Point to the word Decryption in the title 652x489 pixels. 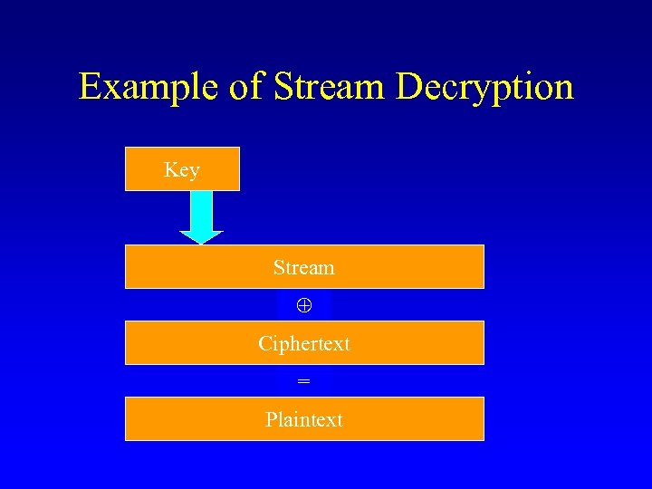coord(484,88)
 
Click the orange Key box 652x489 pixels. coord(182,169)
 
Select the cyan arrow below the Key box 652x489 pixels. coord(201,216)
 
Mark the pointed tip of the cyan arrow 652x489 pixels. coord(201,242)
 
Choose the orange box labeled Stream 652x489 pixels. coord(304,267)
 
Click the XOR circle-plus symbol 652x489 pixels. coord(304,305)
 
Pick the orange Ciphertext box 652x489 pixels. coord(304,343)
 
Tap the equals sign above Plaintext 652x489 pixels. coord(304,382)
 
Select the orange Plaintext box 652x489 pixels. coord(304,419)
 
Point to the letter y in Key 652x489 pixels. coord(194,172)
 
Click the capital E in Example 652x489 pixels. coord(89,87)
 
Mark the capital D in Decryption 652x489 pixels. coord(409,87)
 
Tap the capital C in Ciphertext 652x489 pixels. coord(264,344)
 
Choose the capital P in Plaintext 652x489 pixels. coord(271,419)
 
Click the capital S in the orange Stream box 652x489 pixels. coord(279,268)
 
